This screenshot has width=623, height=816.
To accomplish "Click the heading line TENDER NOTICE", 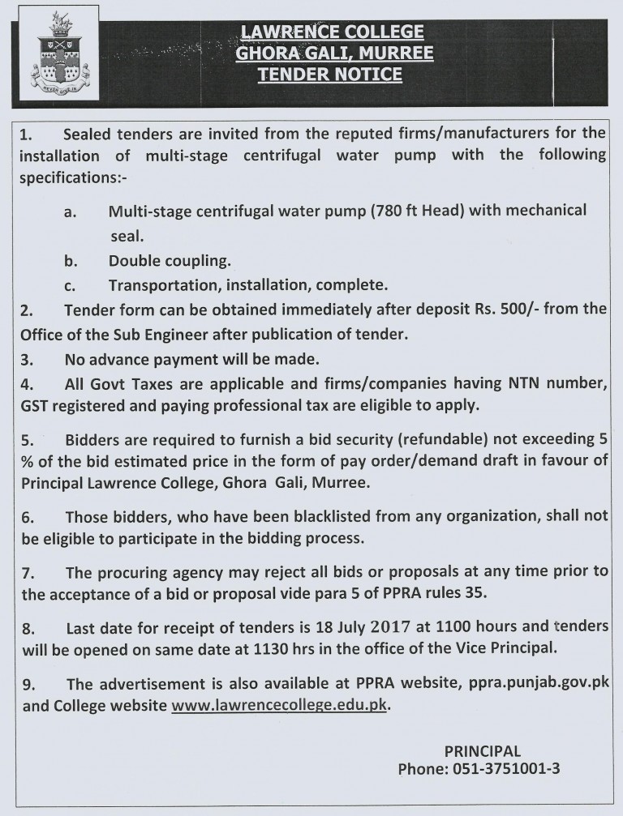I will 329,75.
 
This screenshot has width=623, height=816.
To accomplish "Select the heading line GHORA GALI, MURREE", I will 333,53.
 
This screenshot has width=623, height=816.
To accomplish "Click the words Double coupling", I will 170,262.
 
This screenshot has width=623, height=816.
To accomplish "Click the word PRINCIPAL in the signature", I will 483,750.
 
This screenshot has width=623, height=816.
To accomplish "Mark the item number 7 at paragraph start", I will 27,573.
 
